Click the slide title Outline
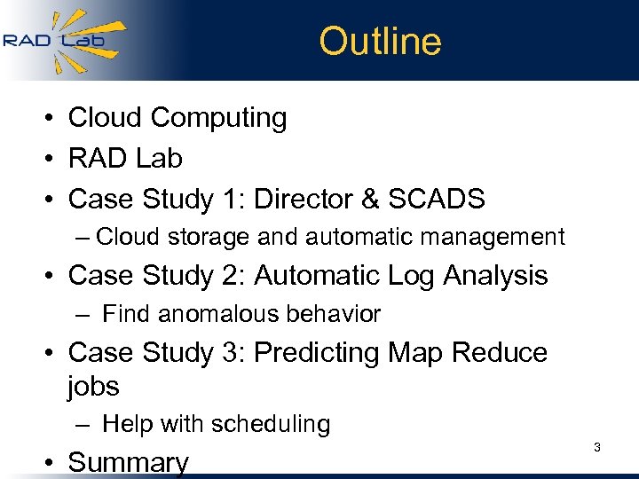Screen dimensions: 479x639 pos(380,42)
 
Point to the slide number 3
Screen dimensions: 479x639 pos(597,448)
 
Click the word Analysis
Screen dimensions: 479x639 pos(498,276)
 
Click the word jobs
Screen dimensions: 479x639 pos(93,387)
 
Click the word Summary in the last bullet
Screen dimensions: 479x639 pos(129,462)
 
